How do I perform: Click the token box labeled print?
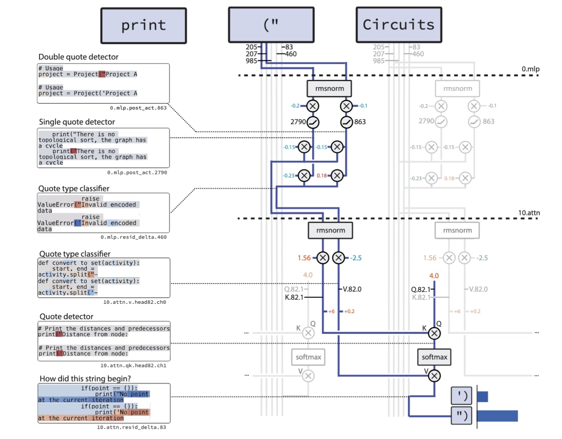click(144, 26)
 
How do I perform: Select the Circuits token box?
click(398, 25)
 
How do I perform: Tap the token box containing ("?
click(271, 25)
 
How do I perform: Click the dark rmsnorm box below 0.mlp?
click(329, 88)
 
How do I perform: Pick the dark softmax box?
click(434, 357)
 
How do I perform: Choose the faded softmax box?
click(308, 357)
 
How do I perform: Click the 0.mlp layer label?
click(530, 69)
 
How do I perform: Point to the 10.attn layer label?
click(529, 213)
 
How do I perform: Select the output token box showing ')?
click(462, 395)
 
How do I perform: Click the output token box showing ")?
click(462, 415)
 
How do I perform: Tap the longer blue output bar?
click(497, 416)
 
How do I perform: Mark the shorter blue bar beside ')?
click(482, 396)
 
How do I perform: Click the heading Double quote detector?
click(78, 57)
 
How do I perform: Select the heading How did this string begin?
click(85, 378)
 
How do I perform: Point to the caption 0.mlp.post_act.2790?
click(137, 173)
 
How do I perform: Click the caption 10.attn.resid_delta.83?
click(131, 427)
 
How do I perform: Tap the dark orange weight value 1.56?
click(304, 258)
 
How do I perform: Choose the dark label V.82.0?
click(352, 289)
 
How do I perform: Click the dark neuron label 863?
click(360, 122)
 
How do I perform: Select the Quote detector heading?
click(66, 316)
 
